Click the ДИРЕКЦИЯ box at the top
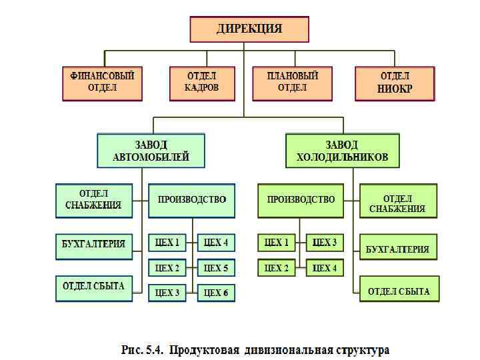249,29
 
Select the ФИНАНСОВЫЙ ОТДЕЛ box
102,83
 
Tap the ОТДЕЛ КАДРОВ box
202,83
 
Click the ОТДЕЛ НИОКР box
395,83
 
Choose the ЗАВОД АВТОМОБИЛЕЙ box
151,151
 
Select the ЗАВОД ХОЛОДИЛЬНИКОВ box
342,151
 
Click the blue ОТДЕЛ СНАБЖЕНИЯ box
93,200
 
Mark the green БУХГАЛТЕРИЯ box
398,249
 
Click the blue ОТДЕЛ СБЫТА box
93,287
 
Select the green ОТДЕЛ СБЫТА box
399,291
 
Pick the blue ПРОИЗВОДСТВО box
191,200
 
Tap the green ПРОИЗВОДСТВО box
301,200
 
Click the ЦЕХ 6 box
216,293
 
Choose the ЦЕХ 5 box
216,268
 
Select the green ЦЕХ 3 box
325,243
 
